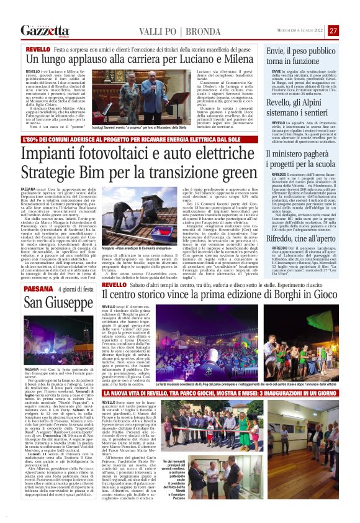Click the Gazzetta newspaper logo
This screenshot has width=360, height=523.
(x=44, y=30)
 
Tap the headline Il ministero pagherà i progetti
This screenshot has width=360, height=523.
(x=300, y=160)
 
